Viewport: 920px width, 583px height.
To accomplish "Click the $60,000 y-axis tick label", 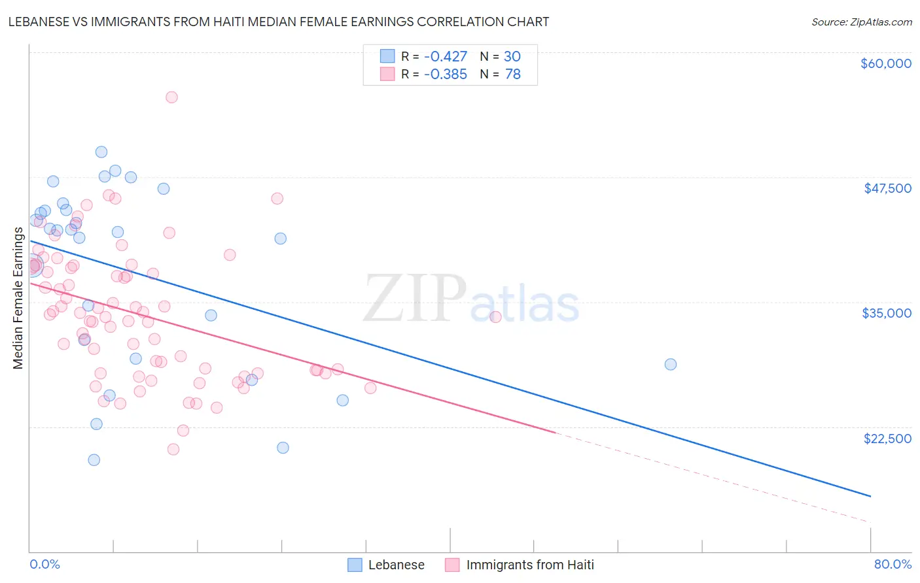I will pyautogui.click(x=885, y=63).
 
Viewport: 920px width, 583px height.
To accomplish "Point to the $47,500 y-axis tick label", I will pyautogui.click(x=887, y=188).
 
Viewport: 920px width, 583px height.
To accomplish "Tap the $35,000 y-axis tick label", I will pyautogui.click(x=886, y=313).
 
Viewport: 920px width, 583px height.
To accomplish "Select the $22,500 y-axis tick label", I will pyautogui.click(x=887, y=439).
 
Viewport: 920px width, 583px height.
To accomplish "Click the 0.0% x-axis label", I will pyautogui.click(x=44, y=564).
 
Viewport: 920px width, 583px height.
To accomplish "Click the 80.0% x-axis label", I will pyautogui.click(x=893, y=564).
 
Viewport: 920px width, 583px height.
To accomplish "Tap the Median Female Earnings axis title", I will pyautogui.click(x=18, y=298).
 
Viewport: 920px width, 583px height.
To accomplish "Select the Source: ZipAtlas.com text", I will pyautogui.click(x=861, y=22).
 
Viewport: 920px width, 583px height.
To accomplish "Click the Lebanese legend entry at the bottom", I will pyautogui.click(x=396, y=565).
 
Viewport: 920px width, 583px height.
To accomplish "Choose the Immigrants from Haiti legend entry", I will pyautogui.click(x=529, y=565).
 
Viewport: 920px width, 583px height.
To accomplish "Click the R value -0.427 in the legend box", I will pyautogui.click(x=445, y=57).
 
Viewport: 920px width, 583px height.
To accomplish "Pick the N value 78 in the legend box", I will pyautogui.click(x=512, y=75).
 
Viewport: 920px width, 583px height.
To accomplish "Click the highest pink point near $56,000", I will pyautogui.click(x=171, y=97).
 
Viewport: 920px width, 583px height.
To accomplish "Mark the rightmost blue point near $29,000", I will pyautogui.click(x=671, y=365).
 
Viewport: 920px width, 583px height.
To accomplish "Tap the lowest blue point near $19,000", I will pyautogui.click(x=94, y=460).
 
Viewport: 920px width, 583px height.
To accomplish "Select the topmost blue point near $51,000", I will pyautogui.click(x=101, y=152).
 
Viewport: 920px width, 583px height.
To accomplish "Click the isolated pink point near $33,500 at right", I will pyautogui.click(x=495, y=317).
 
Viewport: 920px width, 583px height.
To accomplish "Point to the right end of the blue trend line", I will pyautogui.click(x=870, y=496).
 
